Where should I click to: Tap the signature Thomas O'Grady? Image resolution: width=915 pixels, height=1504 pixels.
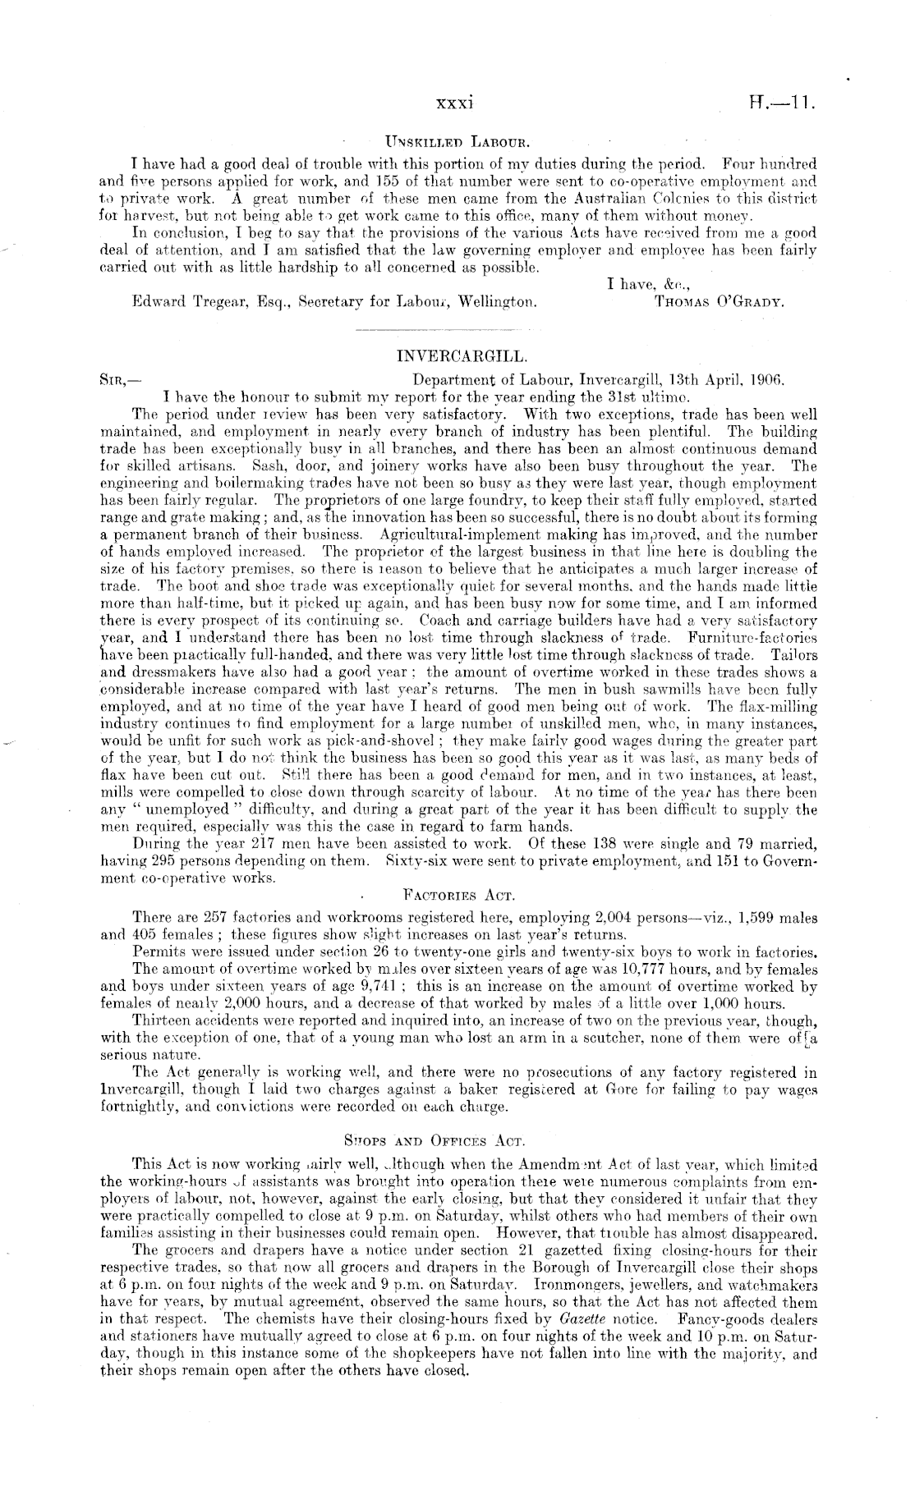click(x=719, y=302)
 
